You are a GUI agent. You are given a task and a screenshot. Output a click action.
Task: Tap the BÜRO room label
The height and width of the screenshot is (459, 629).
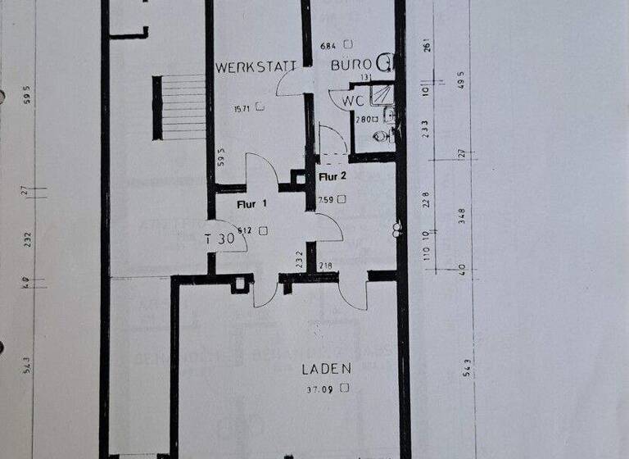[x=352, y=64]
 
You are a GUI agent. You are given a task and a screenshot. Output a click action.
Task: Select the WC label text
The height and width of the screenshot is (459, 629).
[x=353, y=101]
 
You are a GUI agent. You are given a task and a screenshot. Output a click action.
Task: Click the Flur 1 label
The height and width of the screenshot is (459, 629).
[x=251, y=204]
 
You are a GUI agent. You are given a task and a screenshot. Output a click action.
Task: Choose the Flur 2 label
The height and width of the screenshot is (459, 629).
[x=333, y=175]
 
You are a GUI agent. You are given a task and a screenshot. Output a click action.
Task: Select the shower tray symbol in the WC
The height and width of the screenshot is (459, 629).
[x=382, y=96]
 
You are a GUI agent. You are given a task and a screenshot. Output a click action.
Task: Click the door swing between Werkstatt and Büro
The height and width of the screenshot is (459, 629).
[x=292, y=82]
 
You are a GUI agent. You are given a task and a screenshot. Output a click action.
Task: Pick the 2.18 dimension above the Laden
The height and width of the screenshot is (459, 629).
[x=326, y=266]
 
